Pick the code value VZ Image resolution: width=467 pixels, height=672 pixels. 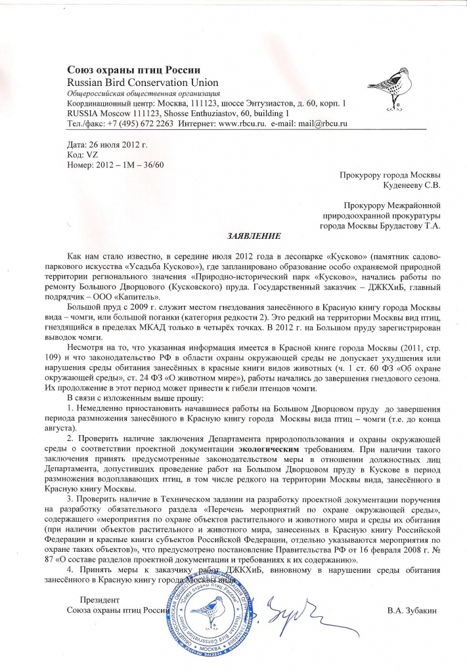pos(92,154)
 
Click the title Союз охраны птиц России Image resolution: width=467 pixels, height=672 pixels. pos(133,70)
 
